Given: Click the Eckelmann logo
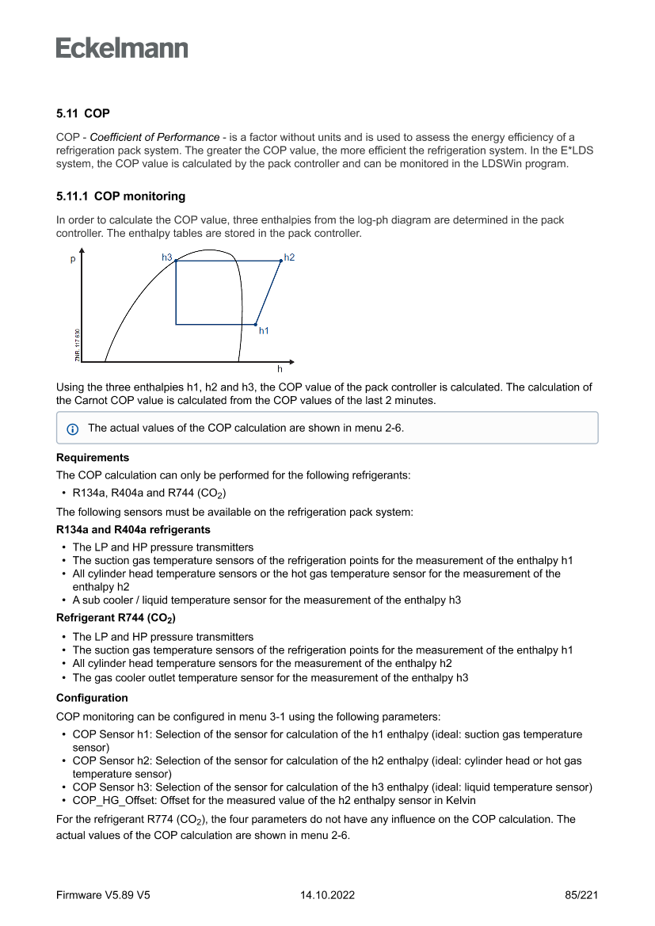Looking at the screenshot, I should click(122, 48).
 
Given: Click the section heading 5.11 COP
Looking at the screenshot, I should click(83, 114).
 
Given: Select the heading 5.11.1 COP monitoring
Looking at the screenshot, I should click(120, 196).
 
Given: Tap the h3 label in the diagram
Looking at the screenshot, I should click(166, 257).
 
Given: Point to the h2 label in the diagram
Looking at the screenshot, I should click(289, 257).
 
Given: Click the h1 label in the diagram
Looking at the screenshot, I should click(264, 330).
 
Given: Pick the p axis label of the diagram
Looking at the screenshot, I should click(73, 259).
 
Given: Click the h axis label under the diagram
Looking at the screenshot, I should click(279, 369).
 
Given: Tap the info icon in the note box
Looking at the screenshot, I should click(73, 429).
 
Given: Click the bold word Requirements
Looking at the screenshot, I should click(93, 458).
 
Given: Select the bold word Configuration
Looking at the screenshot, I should click(92, 698).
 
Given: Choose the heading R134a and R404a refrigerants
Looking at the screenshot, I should click(133, 530).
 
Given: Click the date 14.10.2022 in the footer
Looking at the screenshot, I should click(327, 895).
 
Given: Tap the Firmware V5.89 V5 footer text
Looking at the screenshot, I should click(103, 895).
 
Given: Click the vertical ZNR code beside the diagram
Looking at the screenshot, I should click(78, 345).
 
